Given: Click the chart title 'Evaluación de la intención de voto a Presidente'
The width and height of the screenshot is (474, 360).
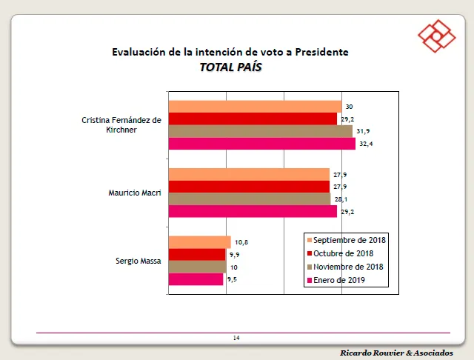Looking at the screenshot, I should click(230, 52).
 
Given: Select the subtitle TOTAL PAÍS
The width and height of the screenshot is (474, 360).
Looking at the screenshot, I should click(230, 67).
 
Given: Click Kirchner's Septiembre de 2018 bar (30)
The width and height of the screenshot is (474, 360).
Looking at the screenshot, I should click(255, 107).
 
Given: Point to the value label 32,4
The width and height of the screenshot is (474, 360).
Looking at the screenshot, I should click(365, 144).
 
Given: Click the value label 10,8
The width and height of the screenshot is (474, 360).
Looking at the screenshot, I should click(241, 242).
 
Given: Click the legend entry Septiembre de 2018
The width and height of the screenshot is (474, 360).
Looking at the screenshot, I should click(349, 240).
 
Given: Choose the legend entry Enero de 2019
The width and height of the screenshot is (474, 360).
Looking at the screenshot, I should click(339, 280).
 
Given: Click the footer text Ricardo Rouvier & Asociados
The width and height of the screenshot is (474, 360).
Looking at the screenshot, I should click(397, 351).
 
